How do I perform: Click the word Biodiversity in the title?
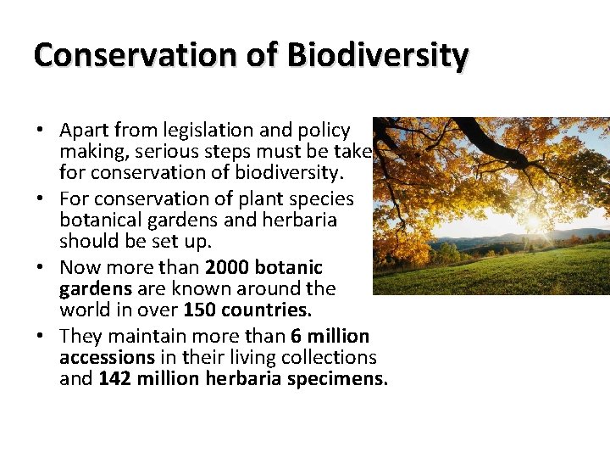[377, 55]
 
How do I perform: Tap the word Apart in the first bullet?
[82, 131]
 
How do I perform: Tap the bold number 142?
[114, 379]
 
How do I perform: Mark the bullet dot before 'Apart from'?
[40, 131]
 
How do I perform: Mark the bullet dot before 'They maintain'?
[40, 336]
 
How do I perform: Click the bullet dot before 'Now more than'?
[40, 268]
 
